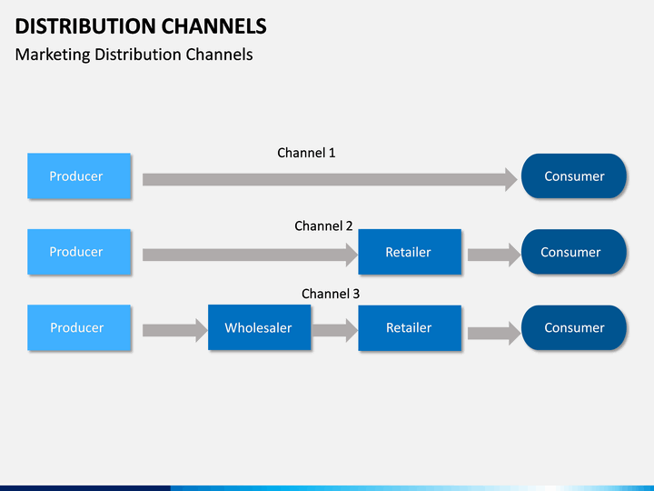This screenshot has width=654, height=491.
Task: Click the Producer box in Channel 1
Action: click(79, 175)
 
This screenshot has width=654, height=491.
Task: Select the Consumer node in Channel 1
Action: click(574, 175)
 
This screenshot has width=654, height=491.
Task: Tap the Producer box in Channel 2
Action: click(79, 252)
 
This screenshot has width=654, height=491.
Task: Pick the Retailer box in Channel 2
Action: click(410, 252)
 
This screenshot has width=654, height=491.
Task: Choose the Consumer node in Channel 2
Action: click(574, 252)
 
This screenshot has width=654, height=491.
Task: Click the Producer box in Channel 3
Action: click(79, 327)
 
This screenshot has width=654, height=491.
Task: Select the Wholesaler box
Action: click(260, 327)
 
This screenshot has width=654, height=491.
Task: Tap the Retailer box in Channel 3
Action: click(410, 327)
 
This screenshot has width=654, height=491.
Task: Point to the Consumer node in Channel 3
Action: click(574, 327)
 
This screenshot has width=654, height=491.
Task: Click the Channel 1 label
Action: click(306, 153)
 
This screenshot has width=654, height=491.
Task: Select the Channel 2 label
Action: click(323, 225)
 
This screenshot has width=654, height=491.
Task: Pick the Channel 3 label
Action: click(331, 294)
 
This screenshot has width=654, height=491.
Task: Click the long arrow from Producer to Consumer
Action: click(330, 179)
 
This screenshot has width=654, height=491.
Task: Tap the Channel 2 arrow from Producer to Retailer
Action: click(251, 255)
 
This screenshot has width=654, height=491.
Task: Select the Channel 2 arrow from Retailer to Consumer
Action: click(494, 255)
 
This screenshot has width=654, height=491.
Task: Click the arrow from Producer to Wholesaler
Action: click(175, 331)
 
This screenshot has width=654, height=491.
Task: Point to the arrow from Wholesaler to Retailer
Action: click(335, 331)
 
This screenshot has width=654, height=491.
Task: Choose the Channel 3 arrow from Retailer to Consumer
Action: click(494, 333)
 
